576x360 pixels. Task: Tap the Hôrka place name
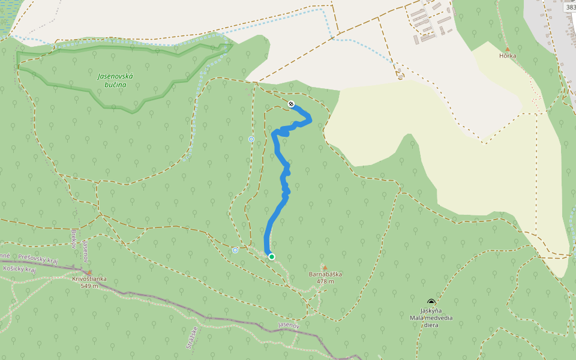(508, 56)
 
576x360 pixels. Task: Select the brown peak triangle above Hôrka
(508, 49)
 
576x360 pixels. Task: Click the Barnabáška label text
(325, 274)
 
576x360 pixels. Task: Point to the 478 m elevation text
(325, 281)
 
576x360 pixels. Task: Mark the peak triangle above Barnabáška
(325, 268)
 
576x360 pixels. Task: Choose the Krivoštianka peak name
(89, 279)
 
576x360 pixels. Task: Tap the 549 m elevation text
(89, 286)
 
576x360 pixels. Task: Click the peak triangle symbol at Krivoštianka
(89, 272)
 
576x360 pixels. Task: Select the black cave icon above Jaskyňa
(431, 302)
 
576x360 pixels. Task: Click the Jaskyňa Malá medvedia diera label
(431, 317)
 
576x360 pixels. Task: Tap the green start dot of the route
(272, 257)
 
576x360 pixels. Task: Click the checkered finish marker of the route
(291, 104)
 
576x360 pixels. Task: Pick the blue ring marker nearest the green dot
(235, 250)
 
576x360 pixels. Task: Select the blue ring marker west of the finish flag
(251, 139)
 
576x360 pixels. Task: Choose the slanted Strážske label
(191, 337)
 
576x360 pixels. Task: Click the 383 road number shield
(569, 7)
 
